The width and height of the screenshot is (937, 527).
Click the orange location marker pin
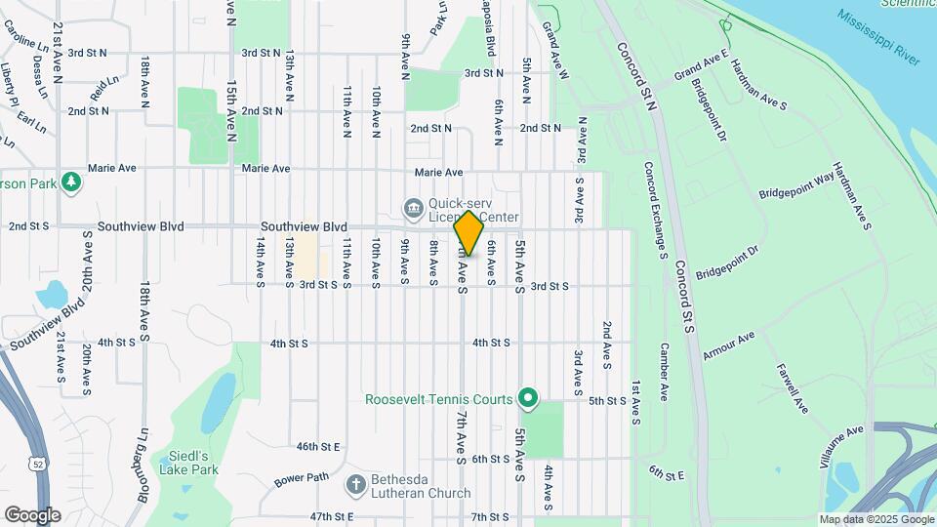point(468,232)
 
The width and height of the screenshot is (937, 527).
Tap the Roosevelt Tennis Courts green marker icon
point(528,398)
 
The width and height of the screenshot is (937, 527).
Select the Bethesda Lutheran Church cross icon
point(356,483)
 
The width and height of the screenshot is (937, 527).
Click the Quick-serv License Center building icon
point(412,208)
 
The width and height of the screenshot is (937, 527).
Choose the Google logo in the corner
point(31,514)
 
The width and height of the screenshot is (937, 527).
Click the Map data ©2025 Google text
point(876,519)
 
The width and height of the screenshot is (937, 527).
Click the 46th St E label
point(318,446)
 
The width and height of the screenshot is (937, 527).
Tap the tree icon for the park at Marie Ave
point(70,182)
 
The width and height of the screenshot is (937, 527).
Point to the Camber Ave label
point(663,372)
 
